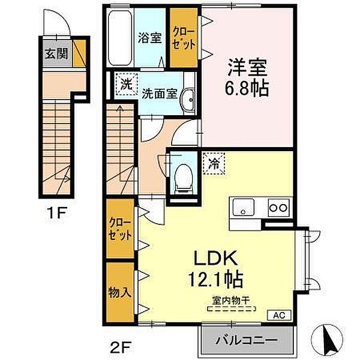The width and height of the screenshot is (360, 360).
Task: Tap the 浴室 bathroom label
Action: tap(149, 38)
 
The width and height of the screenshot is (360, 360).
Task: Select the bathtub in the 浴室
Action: tap(120, 38)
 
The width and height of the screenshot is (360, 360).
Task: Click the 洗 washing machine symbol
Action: tap(126, 84)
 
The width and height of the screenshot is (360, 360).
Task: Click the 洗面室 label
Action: tap(160, 94)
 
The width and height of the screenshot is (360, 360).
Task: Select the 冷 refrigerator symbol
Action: tap(214, 163)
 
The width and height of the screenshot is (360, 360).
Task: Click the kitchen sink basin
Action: tap(243, 207)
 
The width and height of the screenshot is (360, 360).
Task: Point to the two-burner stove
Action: tap(278, 208)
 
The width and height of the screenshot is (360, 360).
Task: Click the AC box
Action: tap(280, 315)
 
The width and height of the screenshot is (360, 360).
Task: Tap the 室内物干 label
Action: tap(231, 301)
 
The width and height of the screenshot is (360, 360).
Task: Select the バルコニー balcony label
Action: tap(247, 340)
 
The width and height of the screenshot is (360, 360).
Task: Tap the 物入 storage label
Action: tap(120, 293)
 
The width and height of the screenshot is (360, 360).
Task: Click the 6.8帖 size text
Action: tap(247, 88)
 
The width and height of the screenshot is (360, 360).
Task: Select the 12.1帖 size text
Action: tap(215, 279)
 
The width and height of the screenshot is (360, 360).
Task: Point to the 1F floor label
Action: tap(56, 213)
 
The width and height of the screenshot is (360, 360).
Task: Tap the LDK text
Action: tap(215, 258)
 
